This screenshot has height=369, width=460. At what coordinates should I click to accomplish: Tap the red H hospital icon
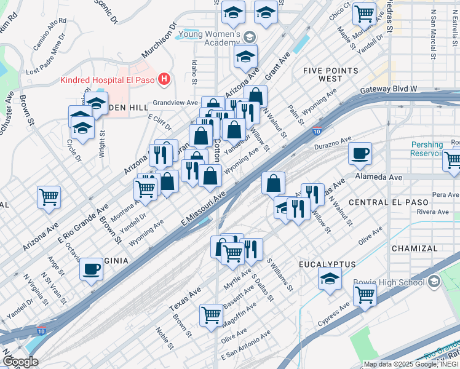(164, 79)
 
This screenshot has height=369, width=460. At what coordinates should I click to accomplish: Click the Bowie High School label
(389, 282)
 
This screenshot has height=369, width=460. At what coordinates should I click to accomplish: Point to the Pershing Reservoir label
(427, 149)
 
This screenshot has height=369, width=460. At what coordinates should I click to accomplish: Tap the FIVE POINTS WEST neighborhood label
(330, 75)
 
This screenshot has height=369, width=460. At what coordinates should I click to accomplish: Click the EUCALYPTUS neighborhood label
(327, 264)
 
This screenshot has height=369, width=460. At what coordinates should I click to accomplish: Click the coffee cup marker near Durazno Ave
(360, 153)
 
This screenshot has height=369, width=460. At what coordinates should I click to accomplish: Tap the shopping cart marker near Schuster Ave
(49, 197)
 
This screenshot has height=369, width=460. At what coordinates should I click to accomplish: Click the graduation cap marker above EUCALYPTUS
(330, 279)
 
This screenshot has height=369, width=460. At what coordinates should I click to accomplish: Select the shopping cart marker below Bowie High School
(365, 295)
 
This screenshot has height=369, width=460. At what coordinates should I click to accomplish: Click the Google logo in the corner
(20, 362)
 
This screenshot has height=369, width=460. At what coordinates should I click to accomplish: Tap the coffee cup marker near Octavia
(92, 268)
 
